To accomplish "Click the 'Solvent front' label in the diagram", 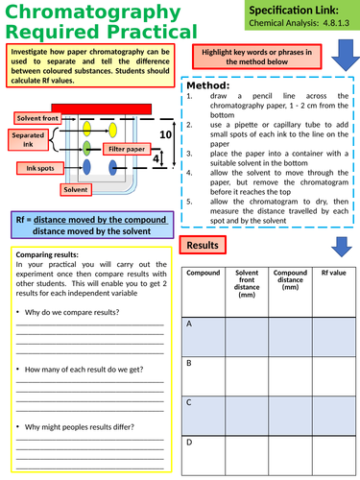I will point(36,117).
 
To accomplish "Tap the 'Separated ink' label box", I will point(29,140).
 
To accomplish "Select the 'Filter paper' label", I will point(126,150).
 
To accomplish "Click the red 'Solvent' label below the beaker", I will point(76,191).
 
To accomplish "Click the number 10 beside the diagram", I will point(165,134).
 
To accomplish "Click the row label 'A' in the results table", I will point(189,324).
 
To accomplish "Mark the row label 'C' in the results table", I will point(189,402).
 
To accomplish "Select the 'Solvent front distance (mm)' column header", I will point(247,282).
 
